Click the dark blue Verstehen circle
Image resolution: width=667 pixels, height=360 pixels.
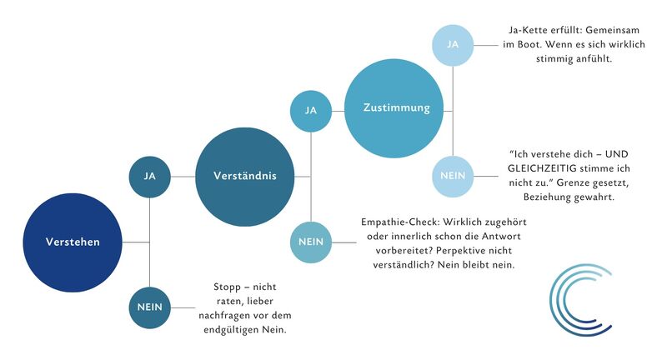coord(73,242)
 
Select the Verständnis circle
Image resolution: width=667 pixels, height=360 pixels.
coord(244,177)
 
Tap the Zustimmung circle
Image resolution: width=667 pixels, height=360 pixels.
coord(394,108)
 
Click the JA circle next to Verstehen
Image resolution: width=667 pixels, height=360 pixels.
coord(150,177)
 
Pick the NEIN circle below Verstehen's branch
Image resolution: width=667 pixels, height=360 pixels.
coord(150,307)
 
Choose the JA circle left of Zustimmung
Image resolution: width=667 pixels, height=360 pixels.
coord(310,111)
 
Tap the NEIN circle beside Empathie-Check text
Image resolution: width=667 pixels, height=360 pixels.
coord(310,242)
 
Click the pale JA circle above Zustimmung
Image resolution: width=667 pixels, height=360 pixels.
coord(453,45)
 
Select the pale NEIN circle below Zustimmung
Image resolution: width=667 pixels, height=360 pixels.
coord(453,177)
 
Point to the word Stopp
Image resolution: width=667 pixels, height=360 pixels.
coord(227,287)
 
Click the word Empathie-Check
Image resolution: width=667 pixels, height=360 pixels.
coord(400,222)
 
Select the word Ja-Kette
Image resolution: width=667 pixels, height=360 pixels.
coord(525,30)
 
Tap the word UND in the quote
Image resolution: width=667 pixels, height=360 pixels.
coord(617,154)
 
